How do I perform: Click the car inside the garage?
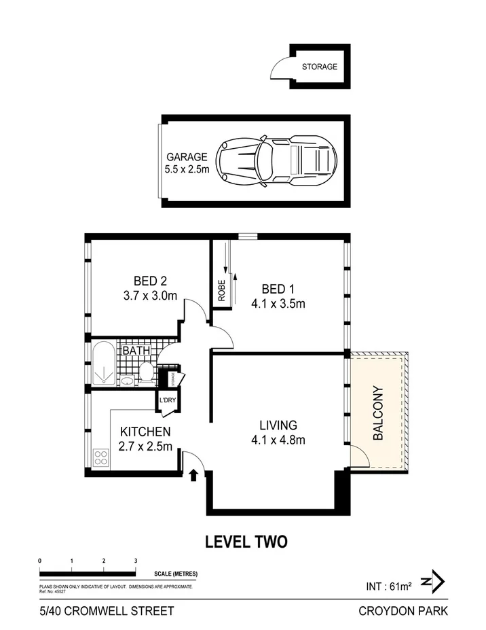277,161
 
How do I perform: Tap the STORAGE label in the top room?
320,67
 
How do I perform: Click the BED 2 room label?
150,288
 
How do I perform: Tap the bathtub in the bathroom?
105,364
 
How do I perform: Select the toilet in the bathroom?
145,371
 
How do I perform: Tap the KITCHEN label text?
145,432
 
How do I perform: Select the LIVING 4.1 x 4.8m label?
278,432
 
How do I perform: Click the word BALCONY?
379,415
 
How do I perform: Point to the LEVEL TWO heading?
246,542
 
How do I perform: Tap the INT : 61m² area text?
388,585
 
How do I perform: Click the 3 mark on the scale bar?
136,561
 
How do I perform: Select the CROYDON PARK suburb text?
403,610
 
